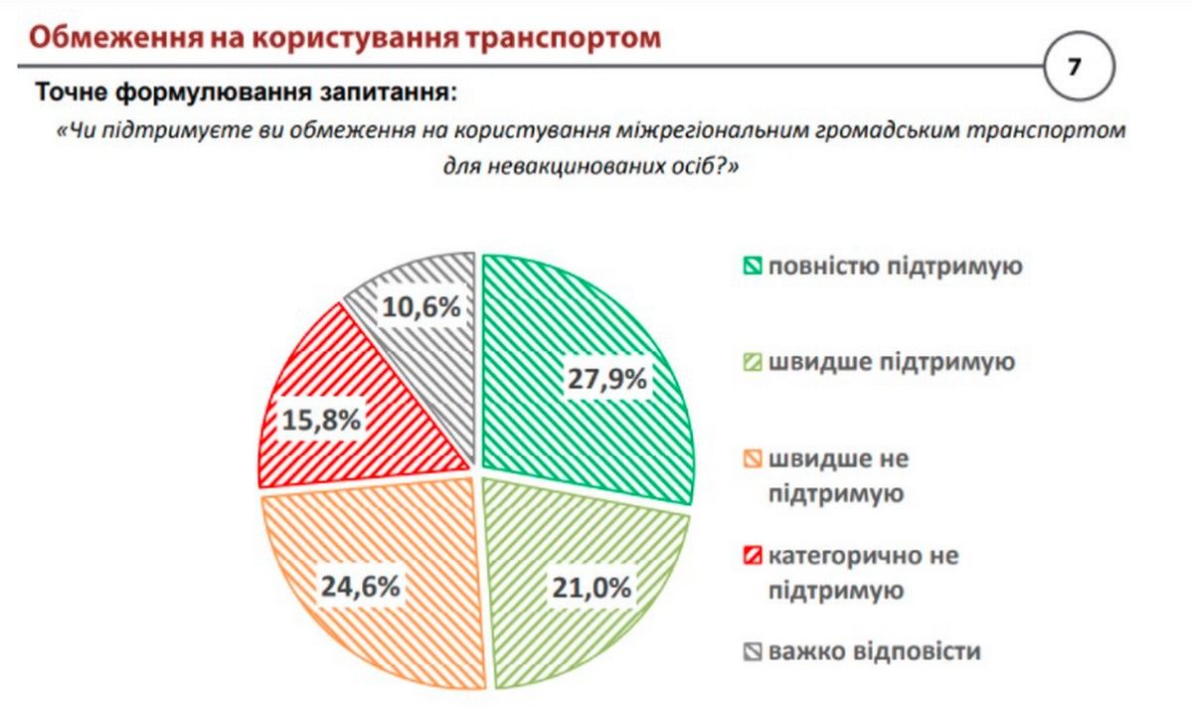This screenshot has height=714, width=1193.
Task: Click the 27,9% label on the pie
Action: pyautogui.click(x=608, y=379)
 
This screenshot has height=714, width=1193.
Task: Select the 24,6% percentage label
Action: pyautogui.click(x=360, y=587)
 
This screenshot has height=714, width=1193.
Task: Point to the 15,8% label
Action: pyautogui.click(x=319, y=421)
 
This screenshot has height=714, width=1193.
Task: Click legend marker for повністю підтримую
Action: pyautogui.click(x=752, y=267)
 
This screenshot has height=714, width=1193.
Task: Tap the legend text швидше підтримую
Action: pyautogui.click(x=891, y=361)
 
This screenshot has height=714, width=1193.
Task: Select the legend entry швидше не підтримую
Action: pyautogui.click(x=836, y=475)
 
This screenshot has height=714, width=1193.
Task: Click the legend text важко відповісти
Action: pyautogui.click(x=874, y=651)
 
